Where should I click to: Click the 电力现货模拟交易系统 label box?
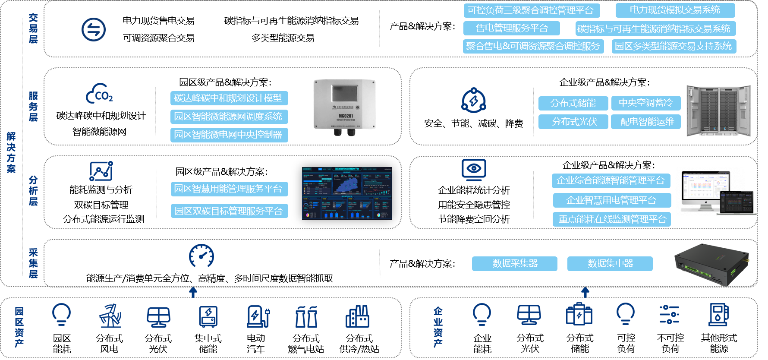pyautogui.click(x=675, y=10)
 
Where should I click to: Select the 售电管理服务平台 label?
pyautogui.click(x=511, y=28)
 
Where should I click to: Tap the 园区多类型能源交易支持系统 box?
pyautogui.click(x=673, y=46)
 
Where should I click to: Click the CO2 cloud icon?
pyautogui.click(x=100, y=94)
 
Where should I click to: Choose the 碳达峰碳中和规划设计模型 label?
pyautogui.click(x=229, y=98)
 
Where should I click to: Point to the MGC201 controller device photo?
pyautogui.click(x=344, y=106)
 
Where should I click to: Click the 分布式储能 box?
pyautogui.click(x=573, y=103)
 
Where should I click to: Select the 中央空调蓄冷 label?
pyautogui.click(x=645, y=103)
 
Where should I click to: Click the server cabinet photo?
pyautogui.click(x=718, y=111)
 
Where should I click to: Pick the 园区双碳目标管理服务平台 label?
pyautogui.click(x=229, y=211)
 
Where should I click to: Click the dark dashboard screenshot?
pyautogui.click(x=347, y=193)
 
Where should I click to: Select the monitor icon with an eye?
pyautogui.click(x=474, y=169)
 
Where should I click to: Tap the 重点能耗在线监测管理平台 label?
pyautogui.click(x=612, y=219)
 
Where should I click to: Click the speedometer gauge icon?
pyautogui.click(x=201, y=256)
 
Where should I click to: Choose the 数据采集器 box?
pyautogui.click(x=514, y=264)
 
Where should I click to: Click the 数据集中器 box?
pyautogui.click(x=610, y=264)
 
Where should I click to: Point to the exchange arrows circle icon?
pyautogui.click(x=94, y=30)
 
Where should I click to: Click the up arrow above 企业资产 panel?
pyautogui.click(x=585, y=292)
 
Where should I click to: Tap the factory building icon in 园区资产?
pyautogui.click(x=357, y=317)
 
